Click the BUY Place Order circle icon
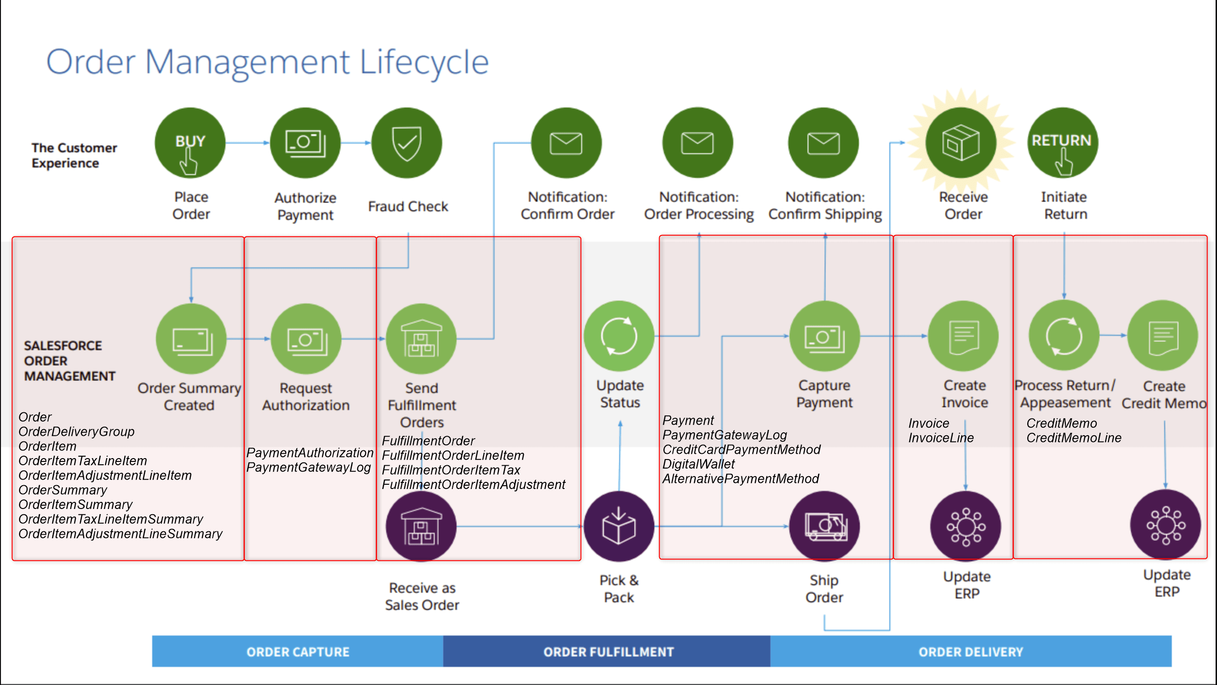[x=190, y=143]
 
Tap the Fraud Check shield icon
[x=407, y=143]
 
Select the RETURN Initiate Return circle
[x=1063, y=143]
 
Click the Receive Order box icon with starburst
[x=961, y=143]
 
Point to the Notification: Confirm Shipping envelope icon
[x=824, y=143]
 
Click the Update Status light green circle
[x=619, y=336]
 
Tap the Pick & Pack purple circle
[x=619, y=527]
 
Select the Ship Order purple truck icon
[x=825, y=527]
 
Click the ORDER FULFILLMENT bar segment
[x=607, y=651]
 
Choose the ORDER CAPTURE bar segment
[x=298, y=651]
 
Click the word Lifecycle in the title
[x=424, y=62]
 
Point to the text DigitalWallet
[x=698, y=464]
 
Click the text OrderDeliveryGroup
[x=76, y=431]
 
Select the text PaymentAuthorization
[x=310, y=452]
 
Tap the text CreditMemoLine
[x=1074, y=438]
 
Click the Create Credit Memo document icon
[x=1163, y=336]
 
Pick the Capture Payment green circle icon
[x=825, y=336]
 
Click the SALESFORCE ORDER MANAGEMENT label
[x=69, y=361]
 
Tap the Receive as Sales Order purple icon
[x=421, y=527]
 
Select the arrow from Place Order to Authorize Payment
[x=247, y=143]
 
